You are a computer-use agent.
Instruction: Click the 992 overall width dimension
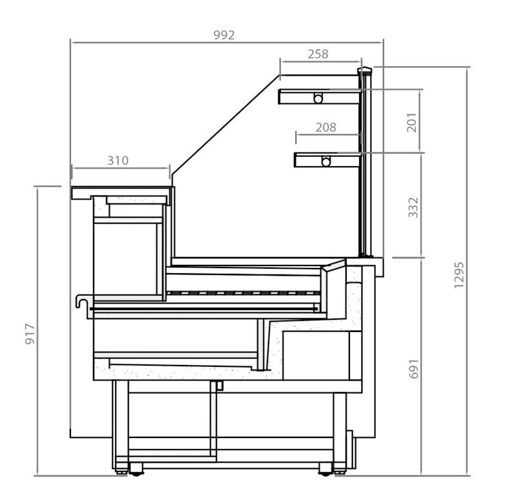point(224,35)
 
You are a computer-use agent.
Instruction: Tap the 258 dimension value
point(318,54)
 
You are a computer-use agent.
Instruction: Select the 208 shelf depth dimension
point(326,127)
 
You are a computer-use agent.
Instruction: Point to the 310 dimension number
point(118,161)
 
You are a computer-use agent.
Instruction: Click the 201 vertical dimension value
point(412,123)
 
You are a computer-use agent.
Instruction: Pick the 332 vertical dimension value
point(413,207)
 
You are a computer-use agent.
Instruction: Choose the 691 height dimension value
point(414,369)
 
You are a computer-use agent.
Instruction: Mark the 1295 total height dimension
point(459,275)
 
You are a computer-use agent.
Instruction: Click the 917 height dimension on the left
point(30,334)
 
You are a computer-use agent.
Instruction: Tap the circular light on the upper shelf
point(318,98)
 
